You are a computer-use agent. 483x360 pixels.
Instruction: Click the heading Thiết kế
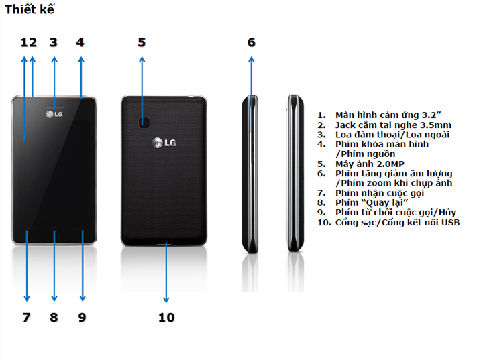pyautogui.click(x=30, y=9)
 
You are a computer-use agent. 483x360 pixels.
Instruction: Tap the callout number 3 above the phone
pyautogui.click(x=54, y=42)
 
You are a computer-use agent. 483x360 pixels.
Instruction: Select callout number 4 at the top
pyautogui.click(x=80, y=42)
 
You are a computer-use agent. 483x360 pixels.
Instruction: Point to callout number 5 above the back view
pyautogui.click(x=142, y=42)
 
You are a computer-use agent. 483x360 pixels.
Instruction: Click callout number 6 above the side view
pyautogui.click(x=252, y=42)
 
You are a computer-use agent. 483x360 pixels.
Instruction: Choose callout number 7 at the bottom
pyautogui.click(x=26, y=318)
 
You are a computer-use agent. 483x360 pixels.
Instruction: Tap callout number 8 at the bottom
pyautogui.click(x=54, y=318)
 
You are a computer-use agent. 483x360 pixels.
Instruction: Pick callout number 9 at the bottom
pyautogui.click(x=82, y=318)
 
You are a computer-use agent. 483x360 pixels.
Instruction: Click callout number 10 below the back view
pyautogui.click(x=166, y=318)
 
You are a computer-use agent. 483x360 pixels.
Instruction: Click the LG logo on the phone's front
pyautogui.click(x=54, y=114)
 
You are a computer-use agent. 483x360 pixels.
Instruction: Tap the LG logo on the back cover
pyautogui.click(x=164, y=143)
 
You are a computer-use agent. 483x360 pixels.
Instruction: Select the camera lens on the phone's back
pyautogui.click(x=144, y=122)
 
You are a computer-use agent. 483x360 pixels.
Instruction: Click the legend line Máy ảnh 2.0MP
pyautogui.click(x=370, y=164)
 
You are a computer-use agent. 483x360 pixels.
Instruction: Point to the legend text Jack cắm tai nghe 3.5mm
pyautogui.click(x=393, y=125)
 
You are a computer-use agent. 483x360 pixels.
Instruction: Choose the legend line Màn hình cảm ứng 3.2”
pyautogui.click(x=388, y=115)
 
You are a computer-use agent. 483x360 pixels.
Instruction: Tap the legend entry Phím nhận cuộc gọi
pyautogui.click(x=380, y=193)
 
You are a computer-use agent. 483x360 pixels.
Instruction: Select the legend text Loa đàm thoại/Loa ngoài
pyautogui.click(x=392, y=135)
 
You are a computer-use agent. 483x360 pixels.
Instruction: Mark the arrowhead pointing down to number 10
pyautogui.click(x=166, y=300)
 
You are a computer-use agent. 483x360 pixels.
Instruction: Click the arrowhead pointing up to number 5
pyautogui.click(x=142, y=60)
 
